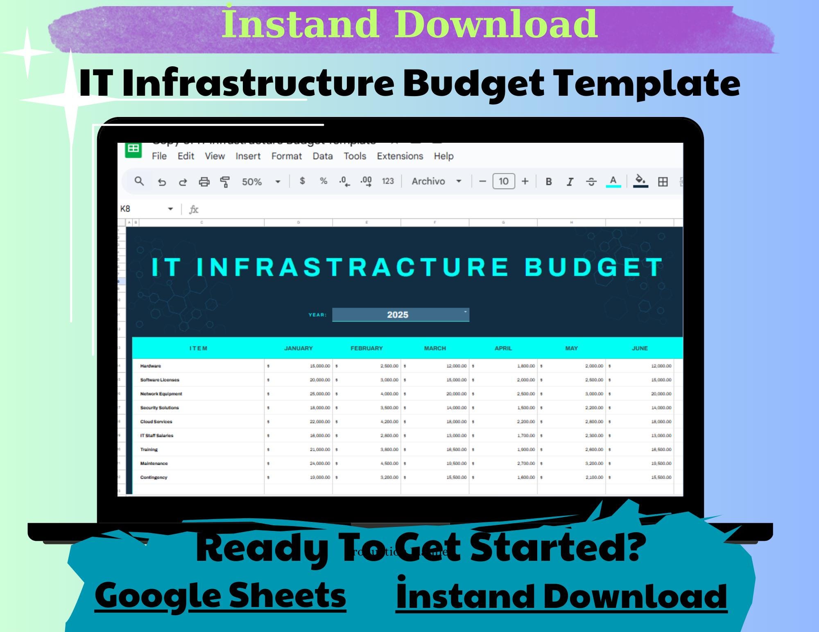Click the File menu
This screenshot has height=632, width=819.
(x=159, y=156)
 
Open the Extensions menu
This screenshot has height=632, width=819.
(x=400, y=156)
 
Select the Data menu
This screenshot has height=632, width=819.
(x=322, y=156)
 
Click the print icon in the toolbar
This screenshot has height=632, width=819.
(x=204, y=182)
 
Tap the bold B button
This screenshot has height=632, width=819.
(x=549, y=182)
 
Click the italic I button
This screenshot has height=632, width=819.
(x=570, y=182)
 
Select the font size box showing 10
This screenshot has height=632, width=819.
(x=503, y=181)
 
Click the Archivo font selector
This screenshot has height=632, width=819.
(x=436, y=181)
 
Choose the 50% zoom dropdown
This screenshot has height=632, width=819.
(x=260, y=182)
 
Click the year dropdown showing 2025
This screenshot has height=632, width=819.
(x=400, y=315)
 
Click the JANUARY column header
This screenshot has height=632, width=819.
(x=298, y=348)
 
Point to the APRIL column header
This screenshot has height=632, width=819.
(x=503, y=348)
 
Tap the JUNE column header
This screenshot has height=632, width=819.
(x=639, y=348)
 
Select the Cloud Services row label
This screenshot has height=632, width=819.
(x=156, y=421)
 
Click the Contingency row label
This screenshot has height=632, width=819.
(x=154, y=477)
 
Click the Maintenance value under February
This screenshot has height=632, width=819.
(x=367, y=463)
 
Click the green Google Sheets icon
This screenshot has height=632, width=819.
(x=133, y=149)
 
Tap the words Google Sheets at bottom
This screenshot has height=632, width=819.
(x=220, y=596)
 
